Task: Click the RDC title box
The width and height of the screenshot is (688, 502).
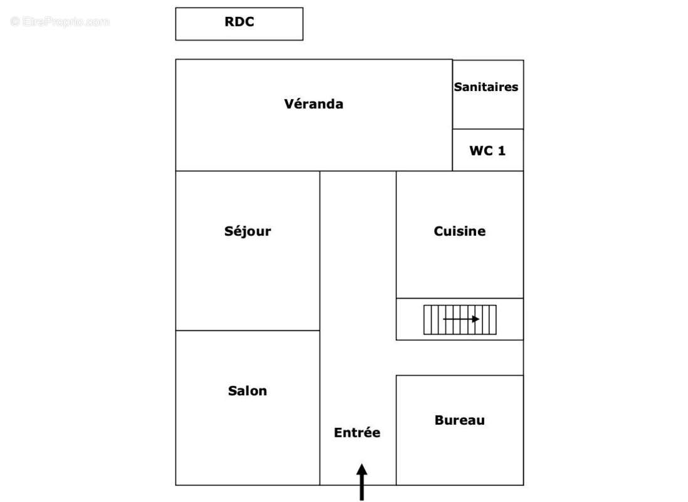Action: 239,24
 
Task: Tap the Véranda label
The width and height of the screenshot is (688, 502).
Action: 314,104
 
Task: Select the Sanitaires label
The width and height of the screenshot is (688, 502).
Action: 486,87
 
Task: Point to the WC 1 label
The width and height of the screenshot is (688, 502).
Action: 487,151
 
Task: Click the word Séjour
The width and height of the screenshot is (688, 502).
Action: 248,231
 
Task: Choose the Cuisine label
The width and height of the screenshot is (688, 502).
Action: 460,231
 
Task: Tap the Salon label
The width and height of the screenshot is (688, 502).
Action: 247,390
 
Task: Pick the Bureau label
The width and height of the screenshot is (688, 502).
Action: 460,420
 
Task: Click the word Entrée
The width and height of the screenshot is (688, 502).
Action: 357,432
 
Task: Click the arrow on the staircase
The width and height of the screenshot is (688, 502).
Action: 462,319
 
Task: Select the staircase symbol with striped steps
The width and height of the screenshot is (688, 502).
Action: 460,319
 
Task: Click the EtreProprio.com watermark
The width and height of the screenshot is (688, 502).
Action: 60,22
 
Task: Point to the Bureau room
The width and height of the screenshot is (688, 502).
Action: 460,452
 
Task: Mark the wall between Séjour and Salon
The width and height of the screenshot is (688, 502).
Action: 248,331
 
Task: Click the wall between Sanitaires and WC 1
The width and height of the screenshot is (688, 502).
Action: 488,129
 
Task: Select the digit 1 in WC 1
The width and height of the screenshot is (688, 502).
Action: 501,151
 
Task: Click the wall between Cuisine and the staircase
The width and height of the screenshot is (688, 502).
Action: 460,298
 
